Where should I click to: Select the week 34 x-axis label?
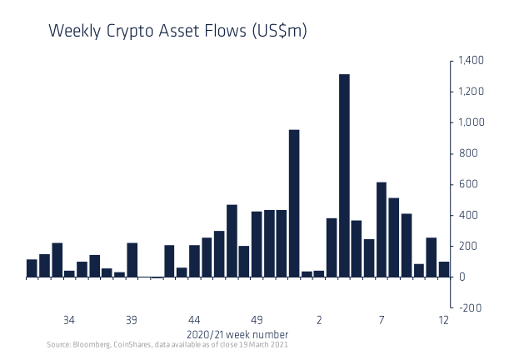[x=69, y=320]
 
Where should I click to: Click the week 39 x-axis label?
[x=132, y=320]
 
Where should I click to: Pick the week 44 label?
[x=194, y=320]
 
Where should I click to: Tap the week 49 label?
[x=257, y=320]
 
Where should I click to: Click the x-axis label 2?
[x=319, y=320]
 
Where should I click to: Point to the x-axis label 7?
[x=382, y=320]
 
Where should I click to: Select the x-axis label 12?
[x=444, y=320]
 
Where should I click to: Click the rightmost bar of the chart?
[x=444, y=269]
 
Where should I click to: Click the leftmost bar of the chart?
[x=32, y=267]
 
